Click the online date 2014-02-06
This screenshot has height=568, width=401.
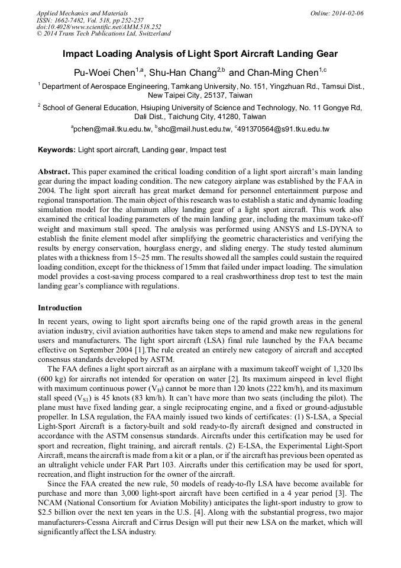tap(348, 13)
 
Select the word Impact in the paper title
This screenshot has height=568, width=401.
tap(79, 53)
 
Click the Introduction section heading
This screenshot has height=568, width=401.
tap(60, 308)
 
